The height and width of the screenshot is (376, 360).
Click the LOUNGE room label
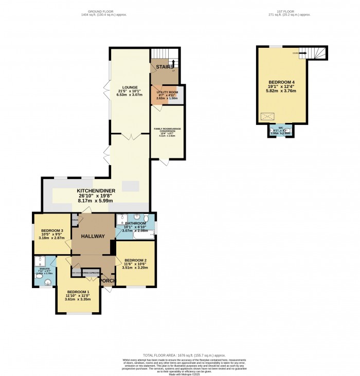[126, 87]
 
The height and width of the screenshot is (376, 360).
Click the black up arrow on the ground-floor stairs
[173, 63]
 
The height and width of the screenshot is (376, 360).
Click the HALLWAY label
[93, 236]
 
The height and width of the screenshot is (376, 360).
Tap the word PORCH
[106, 281]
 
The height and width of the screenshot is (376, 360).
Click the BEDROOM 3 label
[52, 230]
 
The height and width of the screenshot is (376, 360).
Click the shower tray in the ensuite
[39, 260]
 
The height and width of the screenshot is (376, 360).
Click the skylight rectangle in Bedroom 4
[267, 117]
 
